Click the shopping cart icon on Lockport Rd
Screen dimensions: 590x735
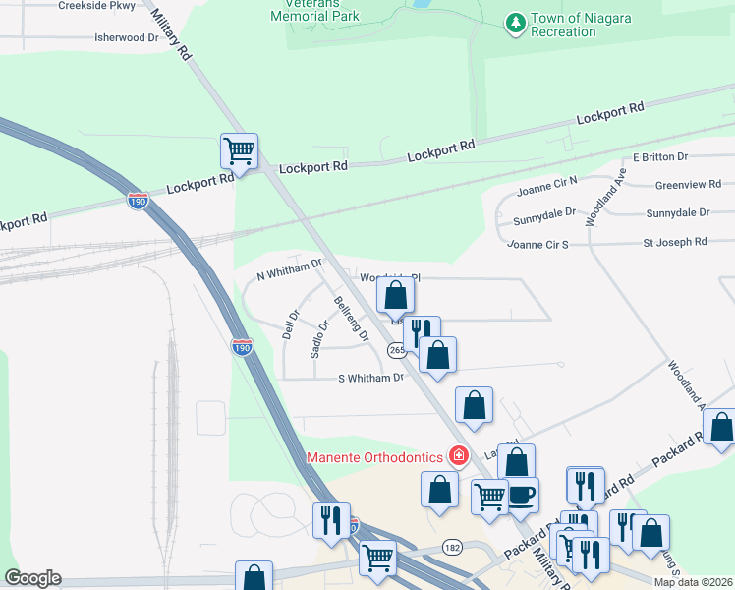(239, 152)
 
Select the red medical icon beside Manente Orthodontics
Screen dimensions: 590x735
(457, 456)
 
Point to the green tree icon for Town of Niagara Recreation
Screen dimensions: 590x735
(514, 22)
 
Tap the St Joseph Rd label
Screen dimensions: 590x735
(675, 241)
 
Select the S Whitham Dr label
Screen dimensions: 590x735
(370, 378)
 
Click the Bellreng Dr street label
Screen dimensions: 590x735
(351, 320)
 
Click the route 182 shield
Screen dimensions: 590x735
(452, 546)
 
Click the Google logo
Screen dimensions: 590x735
(32, 578)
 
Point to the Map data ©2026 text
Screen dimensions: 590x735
(694, 582)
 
